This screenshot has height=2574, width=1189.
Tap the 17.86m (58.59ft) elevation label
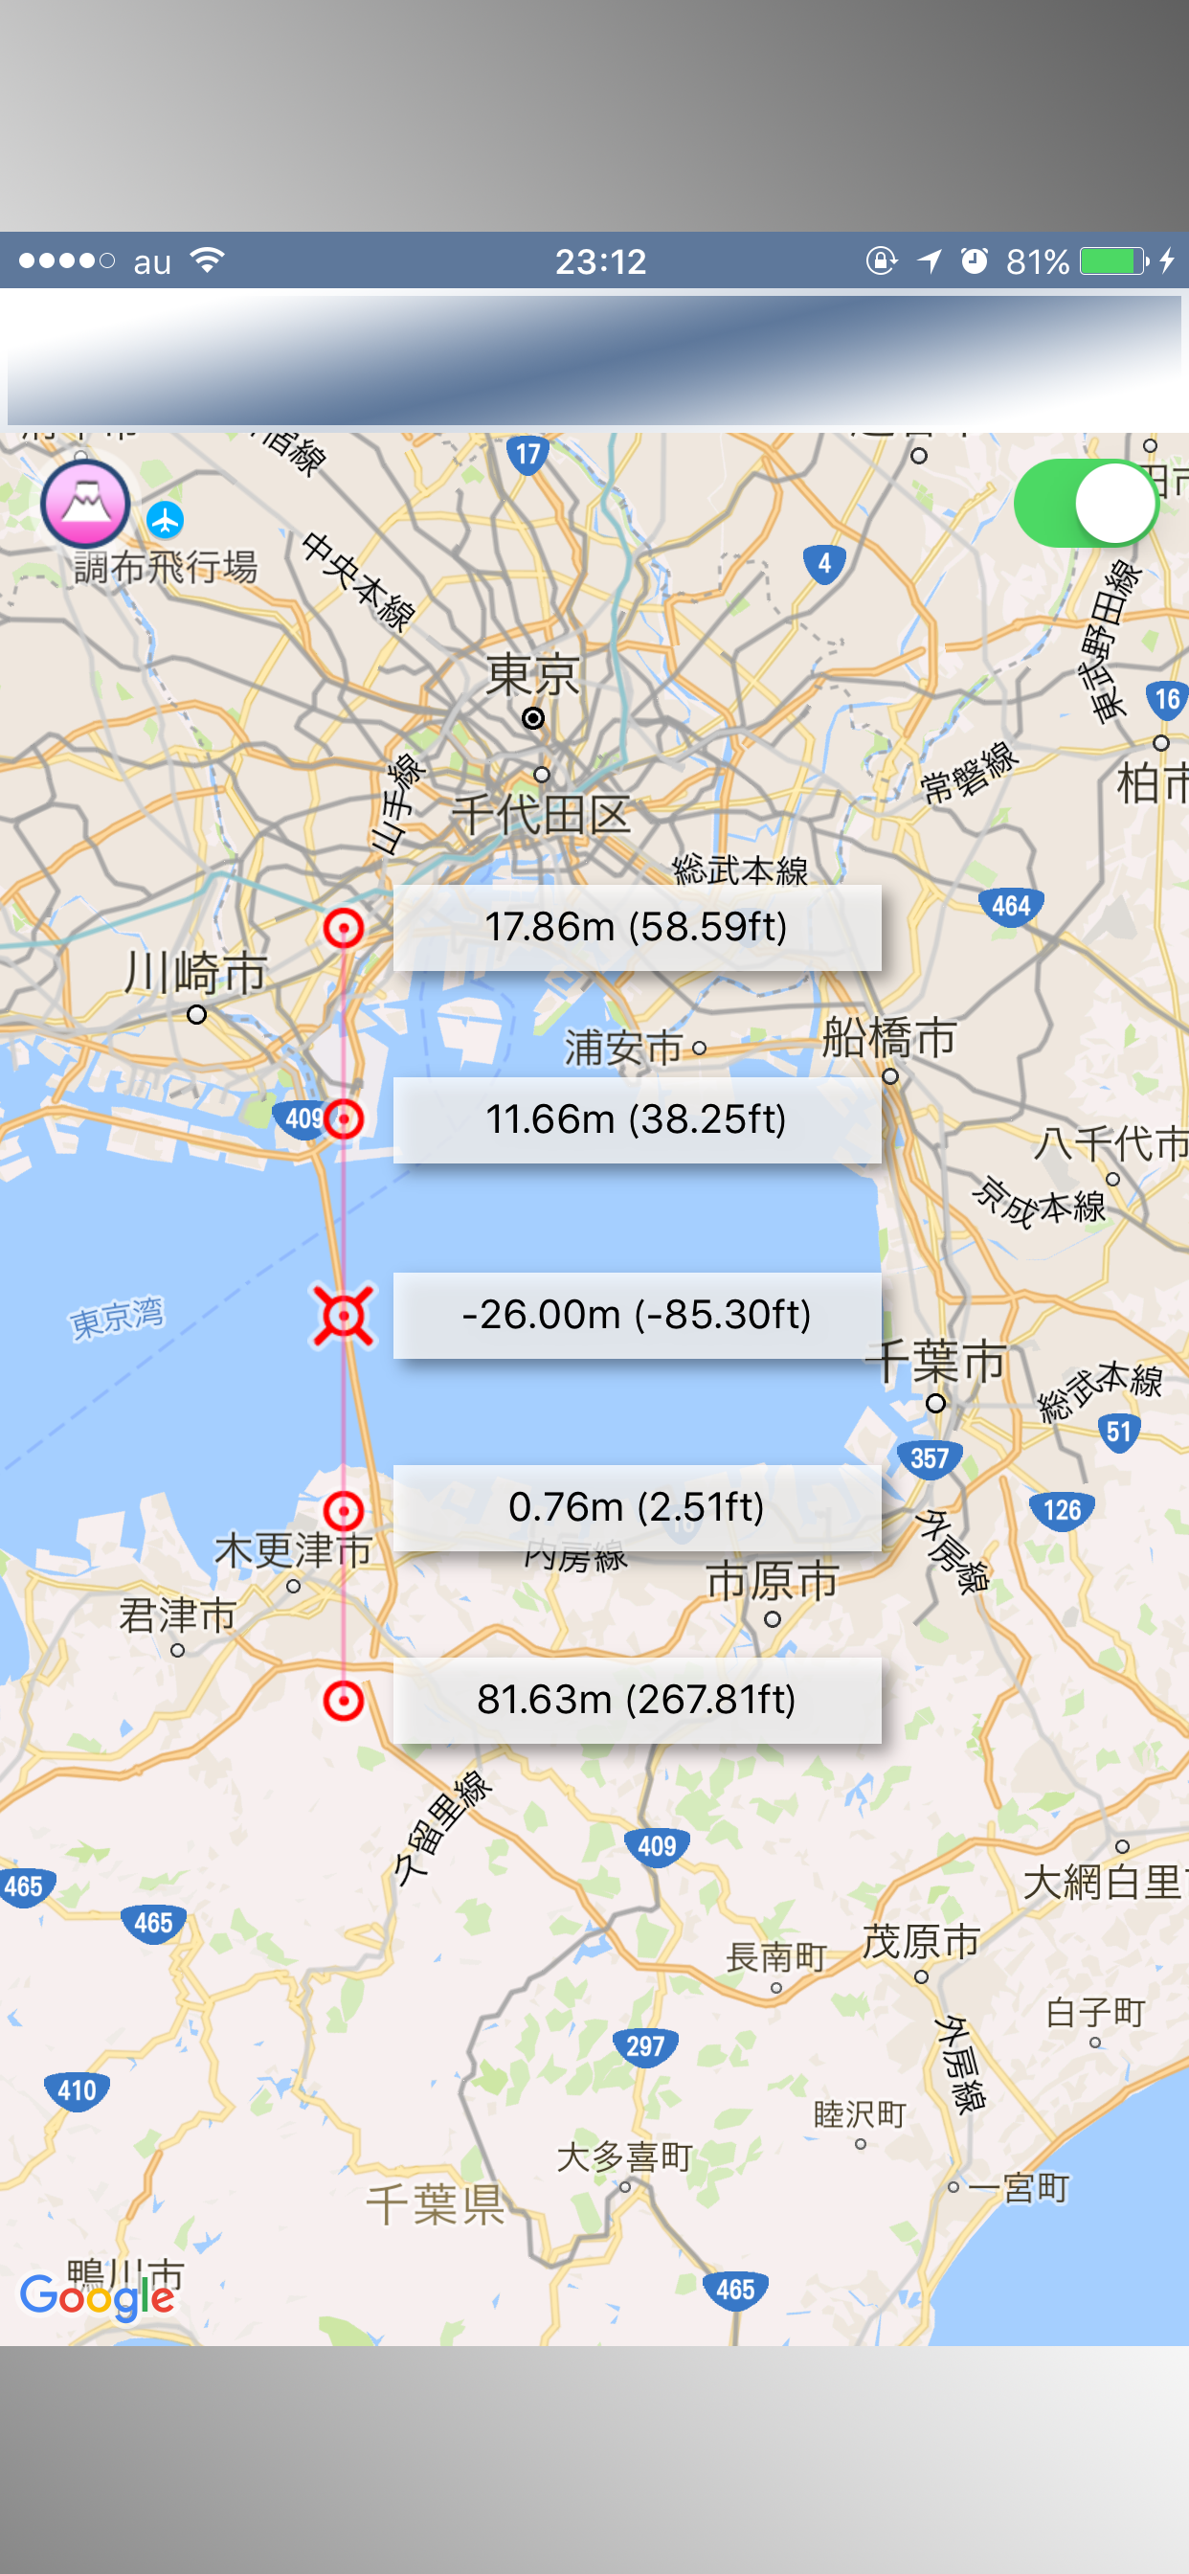click(x=637, y=927)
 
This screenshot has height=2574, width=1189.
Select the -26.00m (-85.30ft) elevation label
click(x=637, y=1315)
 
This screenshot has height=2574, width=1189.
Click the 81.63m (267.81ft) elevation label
click(x=637, y=1700)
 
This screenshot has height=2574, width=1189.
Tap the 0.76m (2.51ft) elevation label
click(x=637, y=1507)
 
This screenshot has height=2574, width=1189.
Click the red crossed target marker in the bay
click(x=344, y=1316)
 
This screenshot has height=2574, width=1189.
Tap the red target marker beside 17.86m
click(x=344, y=928)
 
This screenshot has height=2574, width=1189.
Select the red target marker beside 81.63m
click(x=344, y=1700)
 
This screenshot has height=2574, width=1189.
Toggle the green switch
click(x=1086, y=504)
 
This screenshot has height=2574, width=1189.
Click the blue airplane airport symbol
click(x=165, y=520)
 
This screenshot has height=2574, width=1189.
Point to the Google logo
click(x=98, y=2296)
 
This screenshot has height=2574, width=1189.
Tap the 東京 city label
click(x=532, y=675)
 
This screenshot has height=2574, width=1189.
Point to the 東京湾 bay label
click(x=117, y=1317)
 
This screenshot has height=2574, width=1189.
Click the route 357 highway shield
click(x=930, y=1458)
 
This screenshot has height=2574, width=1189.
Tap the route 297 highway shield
click(x=645, y=2045)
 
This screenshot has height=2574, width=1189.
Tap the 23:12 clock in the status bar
click(x=600, y=261)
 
